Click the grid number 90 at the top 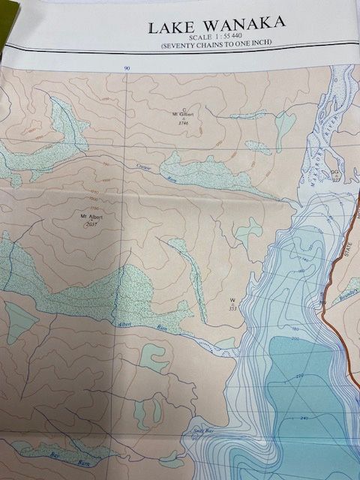click(x=127, y=68)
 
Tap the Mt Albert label click(x=91, y=217)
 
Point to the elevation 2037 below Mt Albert click(x=92, y=224)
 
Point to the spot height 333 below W click(x=232, y=307)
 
